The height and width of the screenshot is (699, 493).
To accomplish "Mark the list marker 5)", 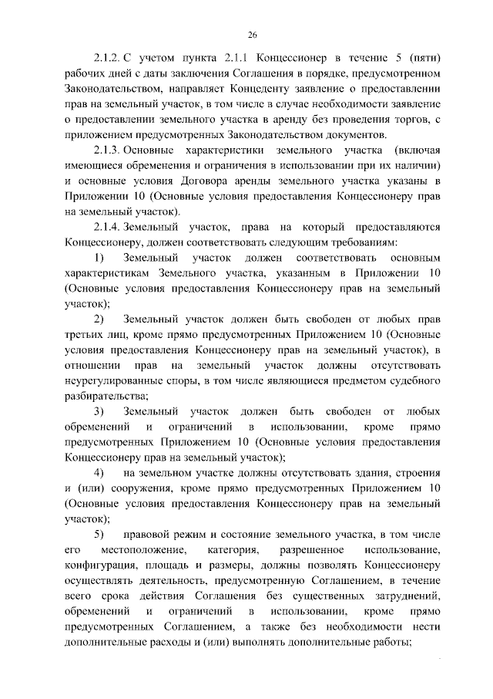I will click(99, 535).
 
